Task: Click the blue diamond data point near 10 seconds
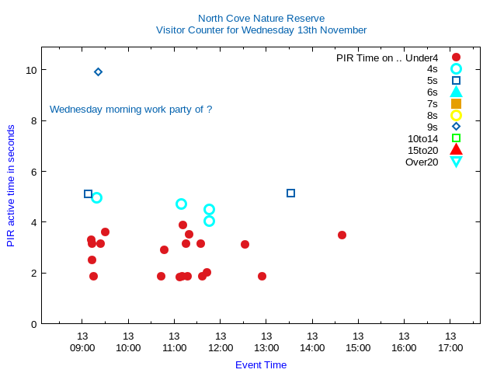click(x=98, y=71)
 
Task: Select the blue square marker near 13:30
click(x=290, y=193)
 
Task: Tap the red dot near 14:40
click(x=342, y=235)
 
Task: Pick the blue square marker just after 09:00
click(x=88, y=193)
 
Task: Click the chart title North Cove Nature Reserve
click(x=261, y=18)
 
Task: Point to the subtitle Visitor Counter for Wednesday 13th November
click(x=261, y=30)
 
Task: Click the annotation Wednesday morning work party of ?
click(x=130, y=110)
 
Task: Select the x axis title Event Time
click(x=261, y=364)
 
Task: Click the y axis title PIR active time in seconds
click(x=11, y=186)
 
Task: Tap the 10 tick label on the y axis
click(x=30, y=70)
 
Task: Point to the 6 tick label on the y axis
click(x=33, y=172)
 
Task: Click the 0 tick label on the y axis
click(x=33, y=324)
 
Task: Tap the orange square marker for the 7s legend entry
click(x=456, y=103)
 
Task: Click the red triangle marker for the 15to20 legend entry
click(x=456, y=150)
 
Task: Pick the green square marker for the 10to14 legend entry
click(x=456, y=138)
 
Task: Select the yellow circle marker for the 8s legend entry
click(x=456, y=115)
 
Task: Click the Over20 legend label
click(x=422, y=162)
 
